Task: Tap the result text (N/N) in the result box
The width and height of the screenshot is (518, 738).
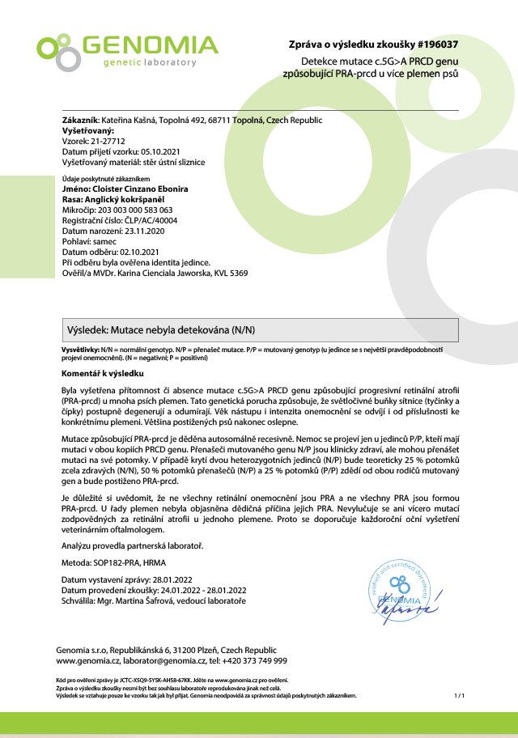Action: tap(238, 329)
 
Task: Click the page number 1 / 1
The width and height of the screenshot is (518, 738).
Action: tap(459, 696)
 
